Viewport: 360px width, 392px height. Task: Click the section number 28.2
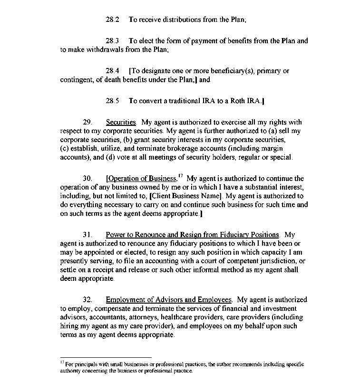tap(112, 20)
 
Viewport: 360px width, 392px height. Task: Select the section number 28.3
tap(112, 41)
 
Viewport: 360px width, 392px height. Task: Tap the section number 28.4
tap(112, 71)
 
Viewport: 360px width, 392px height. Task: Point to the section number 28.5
tap(112, 101)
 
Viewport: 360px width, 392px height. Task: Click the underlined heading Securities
tap(121, 122)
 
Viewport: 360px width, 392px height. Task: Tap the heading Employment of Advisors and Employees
tap(169, 300)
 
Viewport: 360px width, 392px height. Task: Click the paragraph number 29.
tap(87, 122)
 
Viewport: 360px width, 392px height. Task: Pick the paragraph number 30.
tap(87, 179)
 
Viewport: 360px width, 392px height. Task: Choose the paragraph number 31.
tap(87, 235)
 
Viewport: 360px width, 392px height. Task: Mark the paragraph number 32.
tap(87, 300)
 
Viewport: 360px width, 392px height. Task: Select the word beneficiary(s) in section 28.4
tap(225, 71)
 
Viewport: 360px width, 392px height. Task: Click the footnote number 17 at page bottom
tap(62, 362)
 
